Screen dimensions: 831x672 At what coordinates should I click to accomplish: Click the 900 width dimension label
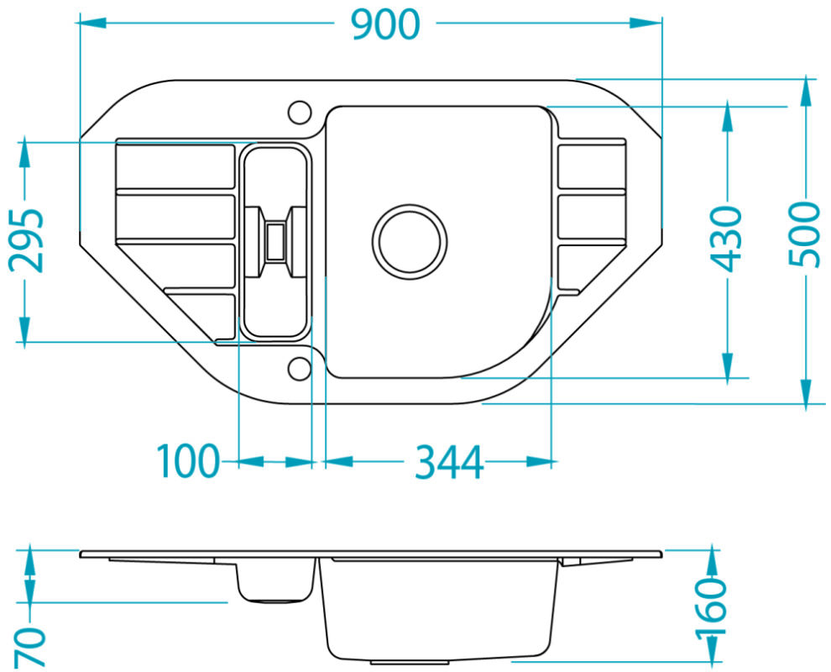click(386, 25)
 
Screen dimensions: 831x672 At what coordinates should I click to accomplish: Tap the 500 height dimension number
click(803, 234)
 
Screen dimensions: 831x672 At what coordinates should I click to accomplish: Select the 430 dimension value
click(726, 239)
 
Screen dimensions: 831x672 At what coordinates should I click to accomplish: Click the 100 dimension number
click(188, 461)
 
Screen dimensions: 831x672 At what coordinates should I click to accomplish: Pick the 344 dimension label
click(449, 462)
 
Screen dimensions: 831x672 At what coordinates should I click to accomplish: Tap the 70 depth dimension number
click(29, 647)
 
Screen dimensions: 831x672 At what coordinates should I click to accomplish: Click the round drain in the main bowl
click(409, 241)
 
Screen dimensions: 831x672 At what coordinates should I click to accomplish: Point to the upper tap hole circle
click(300, 113)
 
